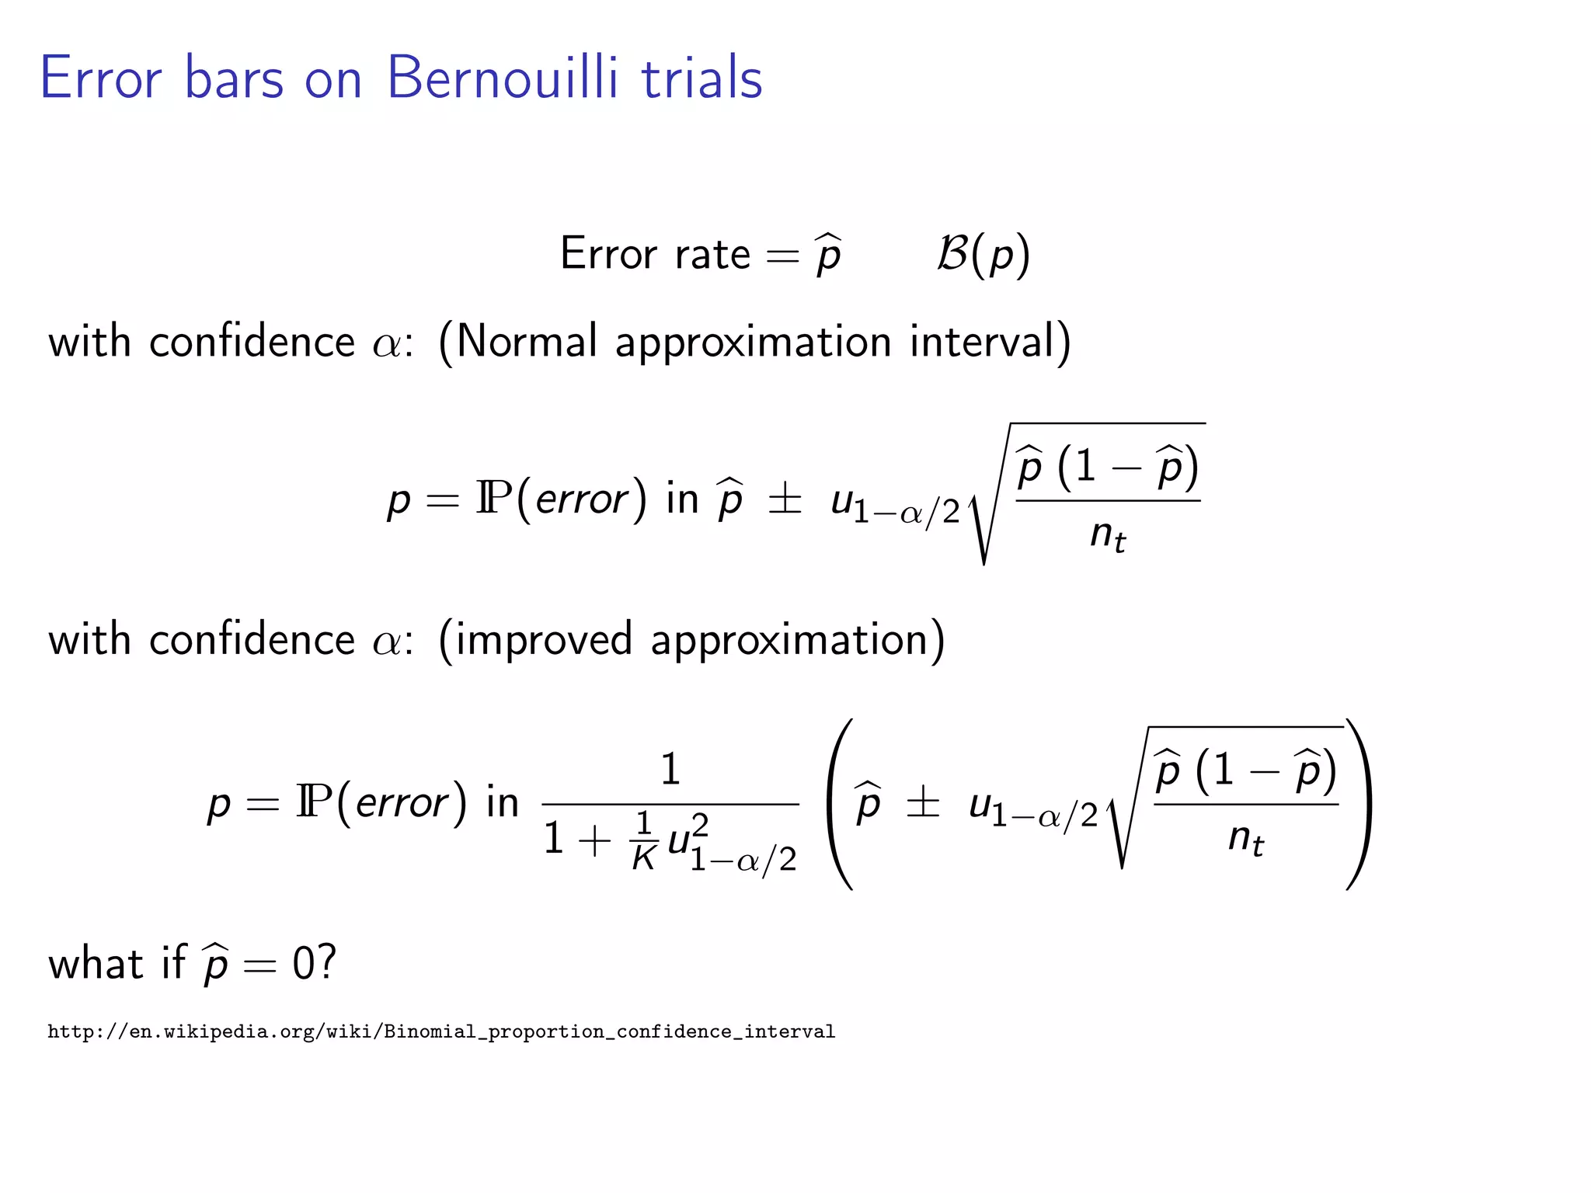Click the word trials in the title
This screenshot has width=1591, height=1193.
tap(702, 78)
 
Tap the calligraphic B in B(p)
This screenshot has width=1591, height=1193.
tap(952, 253)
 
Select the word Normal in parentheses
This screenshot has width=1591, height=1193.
tap(527, 341)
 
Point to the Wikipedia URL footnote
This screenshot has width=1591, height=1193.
tap(441, 1031)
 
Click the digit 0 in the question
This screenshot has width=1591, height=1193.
tap(303, 963)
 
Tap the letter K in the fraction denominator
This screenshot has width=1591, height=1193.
tap(644, 857)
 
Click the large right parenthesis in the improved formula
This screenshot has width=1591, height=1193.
tap(1358, 804)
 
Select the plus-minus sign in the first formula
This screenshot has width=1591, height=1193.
tap(785, 499)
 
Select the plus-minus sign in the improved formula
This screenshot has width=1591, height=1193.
tap(923, 803)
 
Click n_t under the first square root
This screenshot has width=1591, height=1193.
tap(1107, 535)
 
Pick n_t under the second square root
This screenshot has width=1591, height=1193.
tap(1245, 840)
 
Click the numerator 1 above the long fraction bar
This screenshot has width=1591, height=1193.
tap(670, 769)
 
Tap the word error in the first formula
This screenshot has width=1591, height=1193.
tap(581, 499)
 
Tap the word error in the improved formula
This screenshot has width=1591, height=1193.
tap(402, 803)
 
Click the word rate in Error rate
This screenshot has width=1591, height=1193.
tap(712, 255)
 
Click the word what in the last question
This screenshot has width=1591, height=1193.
tap(96, 963)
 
